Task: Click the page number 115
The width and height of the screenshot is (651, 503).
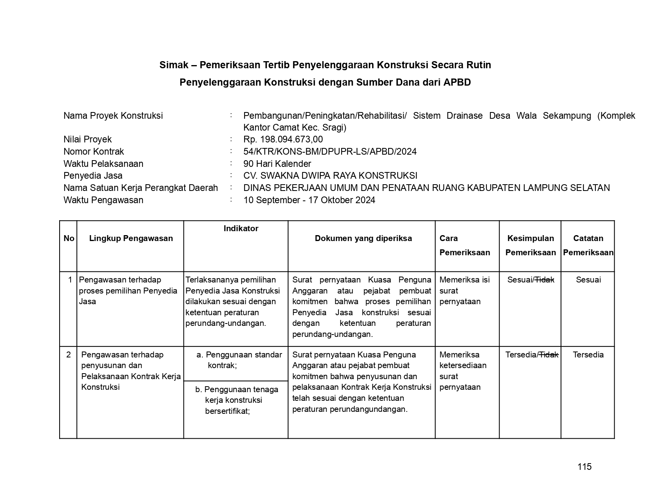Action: (584, 467)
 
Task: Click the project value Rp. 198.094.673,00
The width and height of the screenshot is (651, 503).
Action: (283, 139)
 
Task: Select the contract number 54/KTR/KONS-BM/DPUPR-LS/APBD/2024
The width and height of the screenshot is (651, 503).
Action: (330, 151)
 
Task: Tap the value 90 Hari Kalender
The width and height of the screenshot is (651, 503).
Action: (277, 164)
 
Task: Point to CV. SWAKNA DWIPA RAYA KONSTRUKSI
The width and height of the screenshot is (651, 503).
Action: (330, 176)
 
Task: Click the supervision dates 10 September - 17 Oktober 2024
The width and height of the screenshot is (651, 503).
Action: (309, 200)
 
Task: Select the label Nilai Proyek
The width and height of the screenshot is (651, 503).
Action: (88, 139)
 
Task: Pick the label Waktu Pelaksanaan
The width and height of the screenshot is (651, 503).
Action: (103, 164)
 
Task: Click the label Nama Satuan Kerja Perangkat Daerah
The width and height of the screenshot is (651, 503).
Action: (140, 188)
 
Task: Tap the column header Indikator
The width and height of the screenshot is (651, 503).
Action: (241, 228)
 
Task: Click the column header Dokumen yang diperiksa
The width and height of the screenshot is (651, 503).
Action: (363, 238)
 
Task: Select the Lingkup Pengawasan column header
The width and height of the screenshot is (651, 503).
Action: (131, 238)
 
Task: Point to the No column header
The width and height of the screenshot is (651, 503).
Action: (69, 238)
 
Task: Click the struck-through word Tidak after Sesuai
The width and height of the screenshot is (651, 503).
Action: (544, 280)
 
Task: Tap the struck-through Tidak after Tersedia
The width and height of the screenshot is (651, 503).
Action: (549, 355)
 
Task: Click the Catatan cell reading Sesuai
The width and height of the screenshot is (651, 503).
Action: (588, 280)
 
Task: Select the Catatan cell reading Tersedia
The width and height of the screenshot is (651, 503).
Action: (588, 355)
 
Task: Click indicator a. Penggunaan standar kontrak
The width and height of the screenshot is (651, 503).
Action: (239, 360)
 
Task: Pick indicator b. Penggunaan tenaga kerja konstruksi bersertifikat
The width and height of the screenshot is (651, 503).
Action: (236, 400)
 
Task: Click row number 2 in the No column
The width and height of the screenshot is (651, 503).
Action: (69, 355)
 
